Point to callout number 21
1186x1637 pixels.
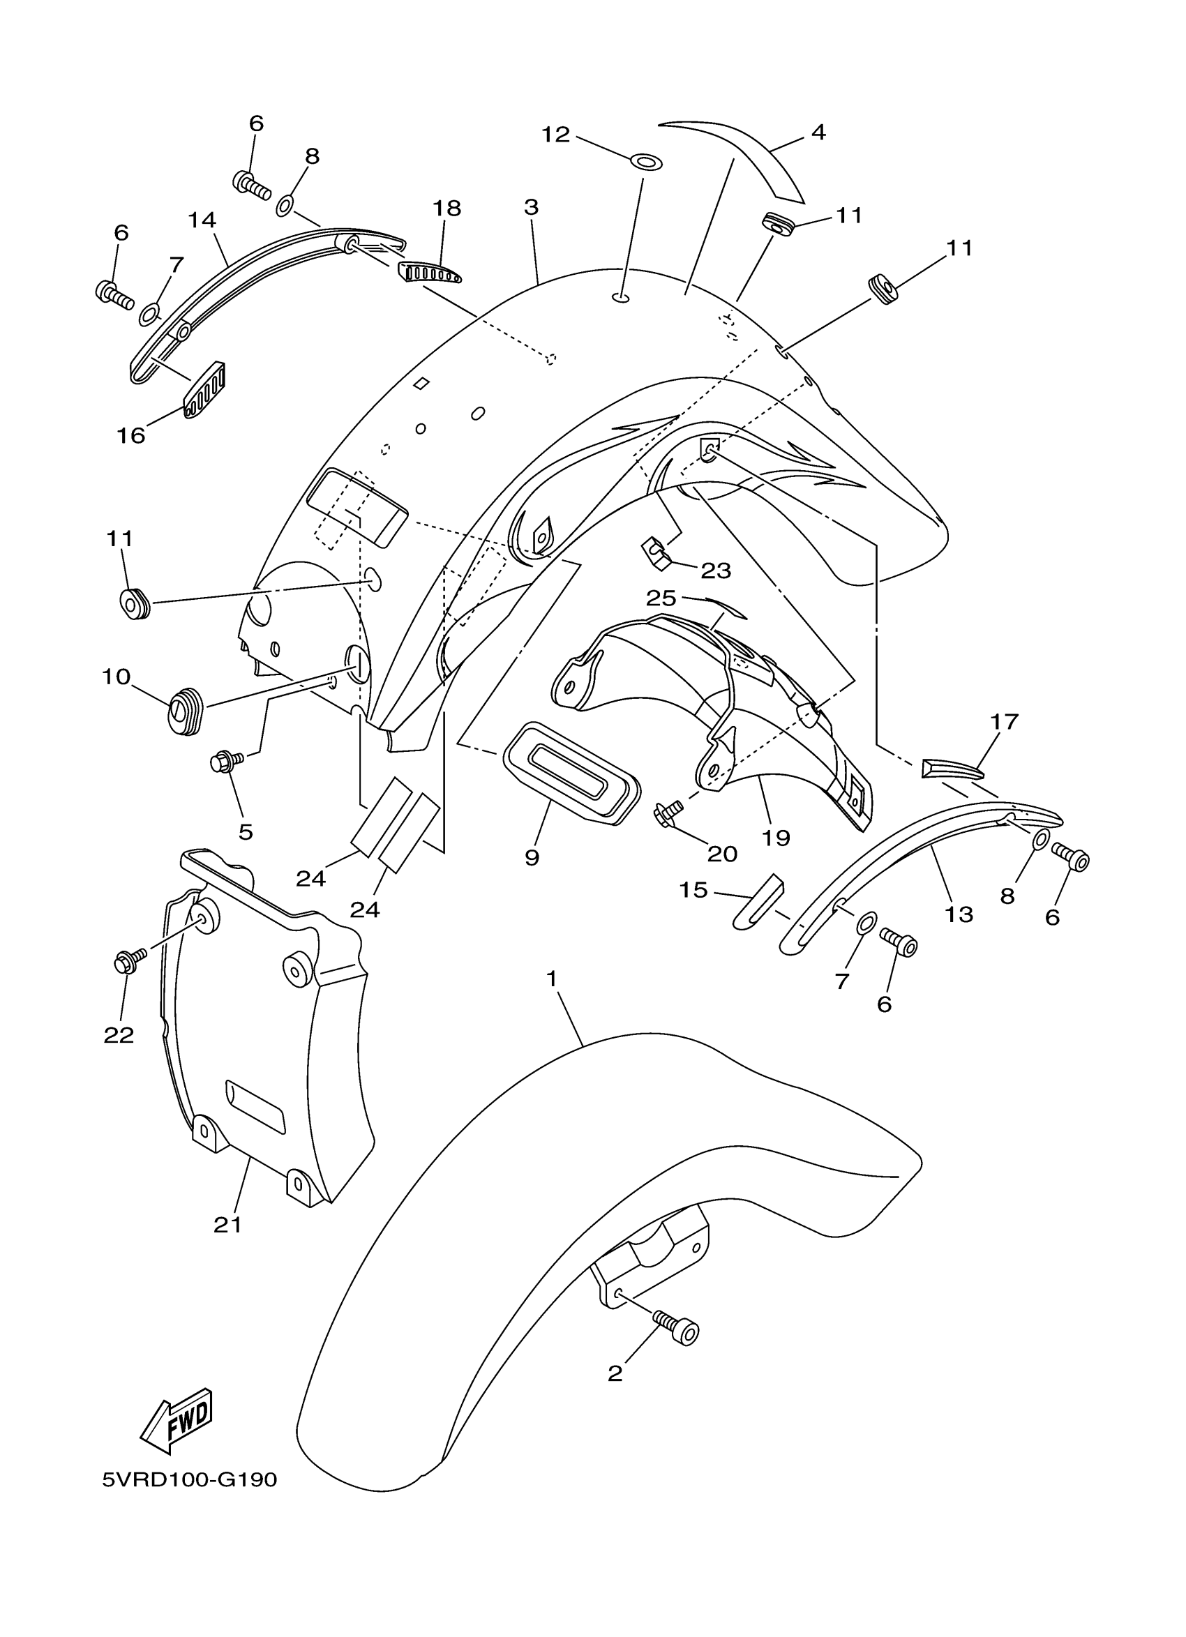point(227,1225)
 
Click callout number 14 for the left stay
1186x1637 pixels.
point(202,220)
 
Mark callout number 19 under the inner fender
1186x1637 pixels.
point(776,837)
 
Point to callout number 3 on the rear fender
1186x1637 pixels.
point(532,207)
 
